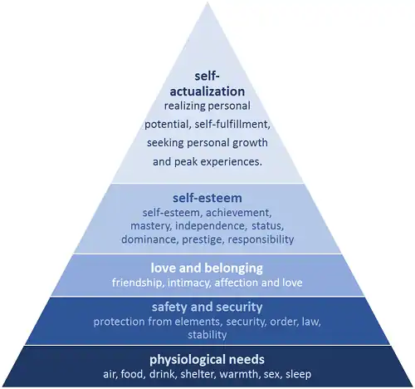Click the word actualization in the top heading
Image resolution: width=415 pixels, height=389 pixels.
point(207,91)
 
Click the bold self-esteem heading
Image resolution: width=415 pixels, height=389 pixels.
point(207,198)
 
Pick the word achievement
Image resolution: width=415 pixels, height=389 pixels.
point(239,213)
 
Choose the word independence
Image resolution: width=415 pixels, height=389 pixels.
point(211,226)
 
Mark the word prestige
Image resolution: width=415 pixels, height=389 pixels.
point(203,239)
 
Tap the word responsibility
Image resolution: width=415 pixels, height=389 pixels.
point(261,239)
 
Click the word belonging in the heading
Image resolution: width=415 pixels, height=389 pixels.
point(234,268)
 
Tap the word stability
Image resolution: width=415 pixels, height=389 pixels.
point(207,335)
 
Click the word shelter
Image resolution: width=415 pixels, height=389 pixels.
point(198,374)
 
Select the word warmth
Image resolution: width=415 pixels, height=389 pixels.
point(239,374)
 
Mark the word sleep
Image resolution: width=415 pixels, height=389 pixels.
point(298,374)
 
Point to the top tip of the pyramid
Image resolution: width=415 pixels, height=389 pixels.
point(207,2)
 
